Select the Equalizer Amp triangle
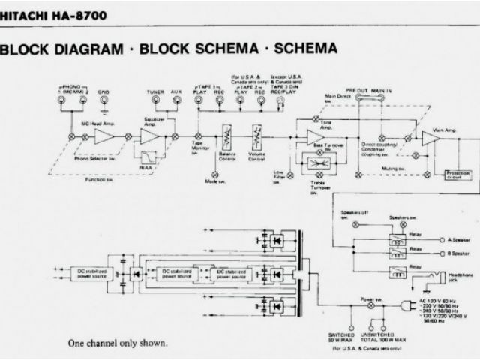click(x=151, y=137)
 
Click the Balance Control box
click(x=227, y=136)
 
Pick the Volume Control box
click(x=257, y=136)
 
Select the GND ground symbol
click(x=103, y=102)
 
